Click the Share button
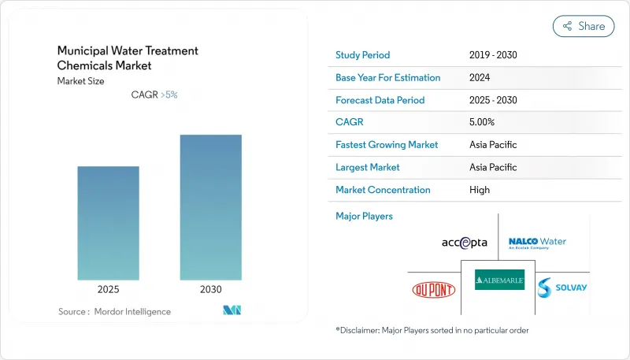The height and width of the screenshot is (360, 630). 584,26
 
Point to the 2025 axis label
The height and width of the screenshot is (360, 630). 109,290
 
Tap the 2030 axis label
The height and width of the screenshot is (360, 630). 210,290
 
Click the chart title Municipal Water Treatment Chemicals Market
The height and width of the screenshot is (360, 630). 128,58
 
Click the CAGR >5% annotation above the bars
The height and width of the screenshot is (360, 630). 154,95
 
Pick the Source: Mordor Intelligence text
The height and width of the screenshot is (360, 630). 114,312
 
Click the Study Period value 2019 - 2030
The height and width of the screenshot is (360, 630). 492,55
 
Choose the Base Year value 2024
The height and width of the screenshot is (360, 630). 480,78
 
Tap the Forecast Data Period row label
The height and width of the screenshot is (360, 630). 380,100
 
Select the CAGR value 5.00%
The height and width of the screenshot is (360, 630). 481,122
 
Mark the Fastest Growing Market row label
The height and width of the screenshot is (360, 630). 387,145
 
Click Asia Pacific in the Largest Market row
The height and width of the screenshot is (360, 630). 493,167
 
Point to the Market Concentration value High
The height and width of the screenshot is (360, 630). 479,190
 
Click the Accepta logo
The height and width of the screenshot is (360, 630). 465,243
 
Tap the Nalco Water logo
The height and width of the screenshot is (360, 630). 537,242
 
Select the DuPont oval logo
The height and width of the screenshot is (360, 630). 433,289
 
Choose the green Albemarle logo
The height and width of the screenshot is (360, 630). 499,280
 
